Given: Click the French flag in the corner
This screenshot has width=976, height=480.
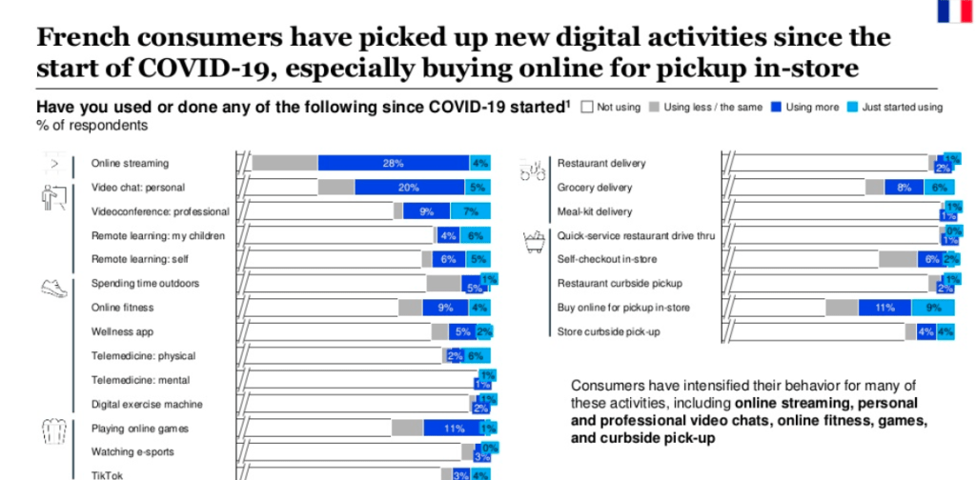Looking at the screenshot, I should [x=953, y=10].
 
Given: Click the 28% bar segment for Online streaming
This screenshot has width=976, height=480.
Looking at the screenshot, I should [x=393, y=163].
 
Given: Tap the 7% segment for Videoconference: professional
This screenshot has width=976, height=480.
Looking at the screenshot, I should [x=470, y=211].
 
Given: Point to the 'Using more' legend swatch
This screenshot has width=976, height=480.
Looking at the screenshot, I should [x=777, y=108].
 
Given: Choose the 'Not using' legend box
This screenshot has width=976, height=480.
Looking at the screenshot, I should [x=586, y=108].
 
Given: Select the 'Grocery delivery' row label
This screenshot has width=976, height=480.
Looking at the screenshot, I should [x=595, y=188].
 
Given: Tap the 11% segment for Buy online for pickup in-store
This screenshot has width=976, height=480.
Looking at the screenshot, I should [x=884, y=308].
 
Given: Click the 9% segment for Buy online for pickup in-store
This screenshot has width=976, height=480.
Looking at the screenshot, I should [x=933, y=308].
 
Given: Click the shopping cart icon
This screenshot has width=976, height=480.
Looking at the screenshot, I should [x=531, y=243].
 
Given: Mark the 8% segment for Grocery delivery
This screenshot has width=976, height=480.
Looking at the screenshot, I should [x=904, y=188].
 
